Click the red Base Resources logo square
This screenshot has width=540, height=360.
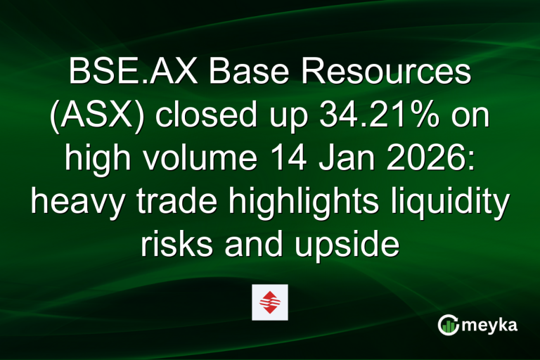(x=270, y=302)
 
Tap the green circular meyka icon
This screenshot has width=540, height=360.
(x=448, y=324)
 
